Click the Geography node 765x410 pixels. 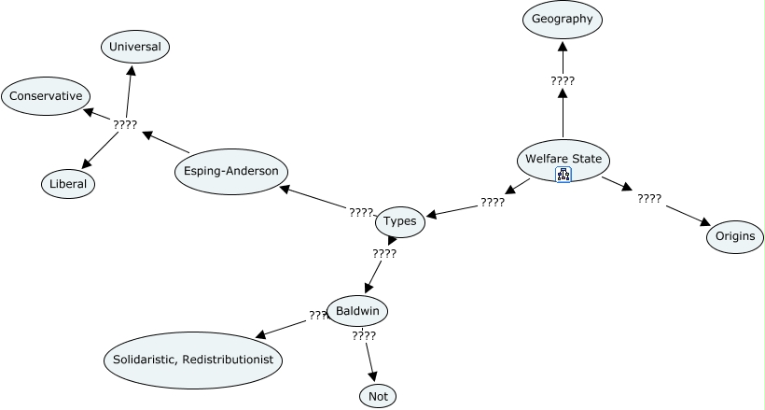(562, 20)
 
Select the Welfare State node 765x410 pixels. (563, 161)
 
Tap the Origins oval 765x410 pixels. (735, 236)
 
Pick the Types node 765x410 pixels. (399, 221)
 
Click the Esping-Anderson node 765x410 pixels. (230, 171)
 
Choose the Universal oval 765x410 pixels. (135, 47)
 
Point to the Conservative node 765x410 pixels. (46, 96)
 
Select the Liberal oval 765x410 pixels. (68, 184)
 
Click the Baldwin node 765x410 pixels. (357, 311)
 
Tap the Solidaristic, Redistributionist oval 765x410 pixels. (193, 361)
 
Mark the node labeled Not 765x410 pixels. (378, 396)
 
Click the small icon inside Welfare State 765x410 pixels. (563, 175)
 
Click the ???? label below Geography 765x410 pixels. (563, 81)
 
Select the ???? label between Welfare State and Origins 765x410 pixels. (649, 198)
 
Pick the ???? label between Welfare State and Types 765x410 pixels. (493, 203)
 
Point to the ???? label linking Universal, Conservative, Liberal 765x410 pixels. (125, 124)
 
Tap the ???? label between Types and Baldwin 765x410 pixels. (384, 254)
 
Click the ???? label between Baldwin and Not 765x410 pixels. (364, 335)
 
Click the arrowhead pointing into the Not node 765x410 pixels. (373, 376)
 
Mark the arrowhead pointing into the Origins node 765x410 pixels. (705, 221)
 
